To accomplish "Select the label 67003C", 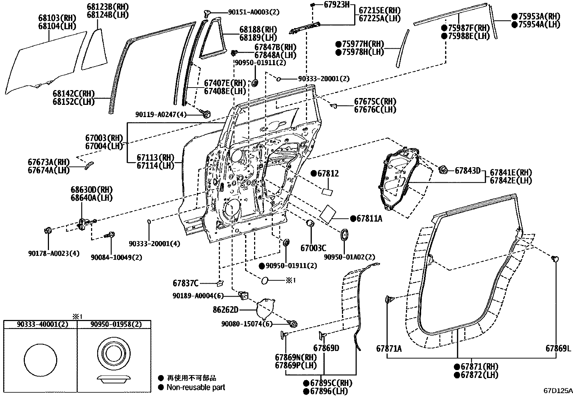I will (313, 248).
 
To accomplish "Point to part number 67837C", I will (186, 284).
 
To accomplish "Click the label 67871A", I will (389, 348).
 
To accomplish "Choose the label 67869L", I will (558, 348).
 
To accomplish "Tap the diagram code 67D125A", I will (558, 391).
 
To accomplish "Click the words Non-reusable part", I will (195, 387).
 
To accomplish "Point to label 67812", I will (328, 174).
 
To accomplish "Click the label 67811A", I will (369, 218).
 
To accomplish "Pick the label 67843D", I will (468, 170).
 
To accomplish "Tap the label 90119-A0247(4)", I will (161, 115).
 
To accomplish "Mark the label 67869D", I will (326, 348).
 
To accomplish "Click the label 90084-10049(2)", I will (116, 257).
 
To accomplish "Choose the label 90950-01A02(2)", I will (349, 257).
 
